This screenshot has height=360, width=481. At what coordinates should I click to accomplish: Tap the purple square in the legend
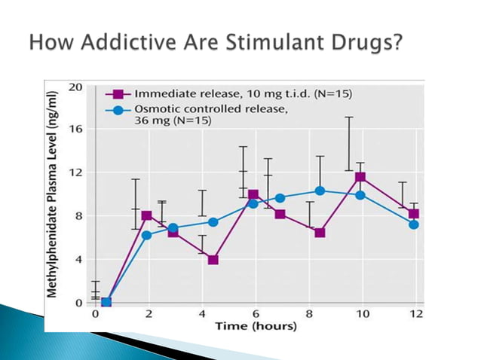118,94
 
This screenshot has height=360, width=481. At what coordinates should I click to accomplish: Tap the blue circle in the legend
118,112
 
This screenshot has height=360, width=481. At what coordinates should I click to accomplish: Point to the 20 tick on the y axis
78,87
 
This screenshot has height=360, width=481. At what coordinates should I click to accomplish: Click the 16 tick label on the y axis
78,129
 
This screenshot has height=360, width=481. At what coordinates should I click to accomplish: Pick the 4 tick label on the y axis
78,259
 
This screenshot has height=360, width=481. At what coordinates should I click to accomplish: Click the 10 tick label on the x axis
362,313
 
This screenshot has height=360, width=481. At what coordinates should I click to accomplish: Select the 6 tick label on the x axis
256,313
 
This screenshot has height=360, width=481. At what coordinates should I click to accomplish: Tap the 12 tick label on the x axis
415,313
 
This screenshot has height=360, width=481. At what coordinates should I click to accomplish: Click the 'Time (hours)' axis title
256,326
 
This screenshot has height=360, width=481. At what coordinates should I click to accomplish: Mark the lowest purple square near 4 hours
213,260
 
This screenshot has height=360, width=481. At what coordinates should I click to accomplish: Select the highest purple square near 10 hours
360,177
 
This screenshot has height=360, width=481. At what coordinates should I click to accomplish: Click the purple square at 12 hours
413,214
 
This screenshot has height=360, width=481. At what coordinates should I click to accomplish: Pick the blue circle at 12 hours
413,224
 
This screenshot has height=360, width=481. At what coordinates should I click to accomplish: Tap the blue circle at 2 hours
147,235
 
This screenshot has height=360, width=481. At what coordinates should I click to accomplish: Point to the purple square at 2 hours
147,215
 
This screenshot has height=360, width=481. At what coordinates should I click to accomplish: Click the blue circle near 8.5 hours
320,191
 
